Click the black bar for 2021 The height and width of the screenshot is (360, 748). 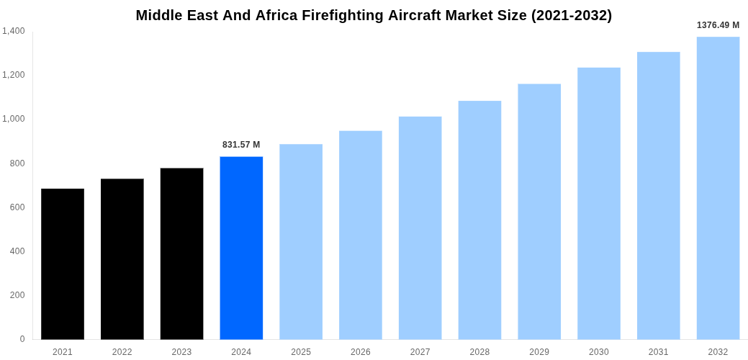pyautogui.click(x=63, y=264)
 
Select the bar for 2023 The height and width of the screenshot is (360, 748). pyautogui.click(x=181, y=253)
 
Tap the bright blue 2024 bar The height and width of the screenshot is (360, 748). pyautogui.click(x=241, y=248)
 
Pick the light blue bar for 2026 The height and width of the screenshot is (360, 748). pyautogui.click(x=361, y=235)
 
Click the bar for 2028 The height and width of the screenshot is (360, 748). pyautogui.click(x=479, y=220)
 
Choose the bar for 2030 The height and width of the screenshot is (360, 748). pyautogui.click(x=599, y=203)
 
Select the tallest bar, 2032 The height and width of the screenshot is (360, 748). pyautogui.click(x=718, y=188)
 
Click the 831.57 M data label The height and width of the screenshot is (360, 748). pyautogui.click(x=241, y=145)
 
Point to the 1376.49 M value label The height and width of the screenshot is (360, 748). pyautogui.click(x=718, y=25)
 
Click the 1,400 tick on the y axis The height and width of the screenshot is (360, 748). pyautogui.click(x=14, y=31)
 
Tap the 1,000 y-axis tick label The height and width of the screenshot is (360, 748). pyautogui.click(x=14, y=119)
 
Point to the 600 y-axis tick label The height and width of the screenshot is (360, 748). pyautogui.click(x=17, y=207)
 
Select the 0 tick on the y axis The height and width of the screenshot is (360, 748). pyautogui.click(x=22, y=339)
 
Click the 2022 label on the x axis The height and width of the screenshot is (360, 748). pyautogui.click(x=122, y=352)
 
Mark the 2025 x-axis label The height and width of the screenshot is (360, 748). pyautogui.click(x=301, y=352)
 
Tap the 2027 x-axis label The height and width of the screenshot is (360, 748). pyautogui.click(x=420, y=352)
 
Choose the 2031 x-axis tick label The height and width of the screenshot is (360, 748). pyautogui.click(x=658, y=352)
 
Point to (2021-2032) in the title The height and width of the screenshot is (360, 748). pyautogui.click(x=571, y=15)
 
